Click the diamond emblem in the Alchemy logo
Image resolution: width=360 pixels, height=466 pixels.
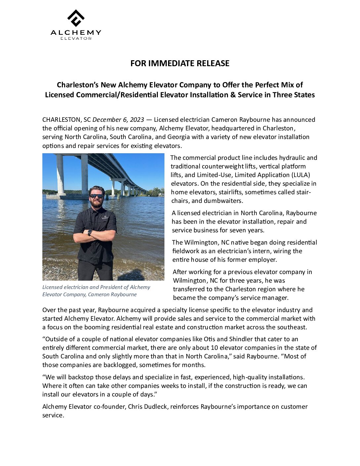pyautogui.click(x=76, y=18)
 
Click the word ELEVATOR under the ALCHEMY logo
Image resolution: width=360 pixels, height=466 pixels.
pyautogui.click(x=76, y=38)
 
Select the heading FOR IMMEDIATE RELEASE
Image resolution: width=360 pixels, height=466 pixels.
pyautogui.click(x=180, y=63)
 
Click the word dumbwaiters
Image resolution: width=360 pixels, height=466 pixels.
pyautogui.click(x=223, y=201)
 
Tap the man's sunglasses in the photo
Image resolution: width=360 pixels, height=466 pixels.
pyautogui.click(x=96, y=196)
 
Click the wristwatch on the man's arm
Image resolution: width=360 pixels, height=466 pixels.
pyautogui.click(x=90, y=232)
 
